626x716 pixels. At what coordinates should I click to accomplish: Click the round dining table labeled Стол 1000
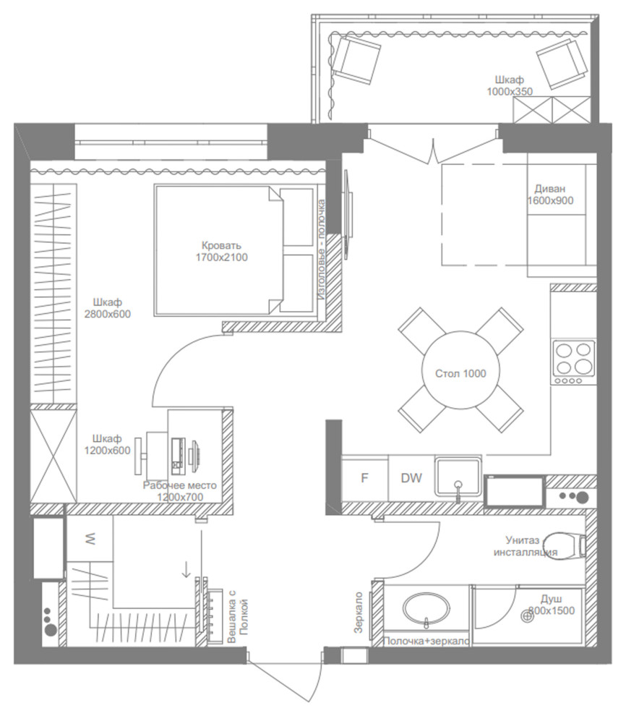(x=460, y=370)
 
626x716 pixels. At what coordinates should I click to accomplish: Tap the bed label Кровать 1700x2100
(x=222, y=252)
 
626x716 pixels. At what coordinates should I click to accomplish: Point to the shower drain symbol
(x=528, y=616)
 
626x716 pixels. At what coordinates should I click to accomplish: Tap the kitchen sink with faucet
(x=458, y=477)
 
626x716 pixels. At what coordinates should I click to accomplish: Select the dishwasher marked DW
(x=411, y=478)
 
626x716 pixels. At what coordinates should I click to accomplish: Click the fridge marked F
(x=364, y=478)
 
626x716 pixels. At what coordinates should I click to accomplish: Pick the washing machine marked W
(x=90, y=540)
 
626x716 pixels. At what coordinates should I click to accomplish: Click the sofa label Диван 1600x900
(x=550, y=195)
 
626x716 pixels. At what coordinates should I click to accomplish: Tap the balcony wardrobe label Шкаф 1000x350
(x=510, y=85)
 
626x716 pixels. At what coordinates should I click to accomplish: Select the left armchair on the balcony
(x=356, y=60)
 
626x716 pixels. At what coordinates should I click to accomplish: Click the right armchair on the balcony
(x=562, y=63)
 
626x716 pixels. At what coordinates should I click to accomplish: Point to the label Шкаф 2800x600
(x=107, y=308)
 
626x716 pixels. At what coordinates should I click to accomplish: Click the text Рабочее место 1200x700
(x=180, y=491)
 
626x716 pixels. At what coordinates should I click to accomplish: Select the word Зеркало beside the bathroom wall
(x=359, y=613)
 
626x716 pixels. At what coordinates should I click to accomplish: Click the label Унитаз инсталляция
(x=526, y=546)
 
